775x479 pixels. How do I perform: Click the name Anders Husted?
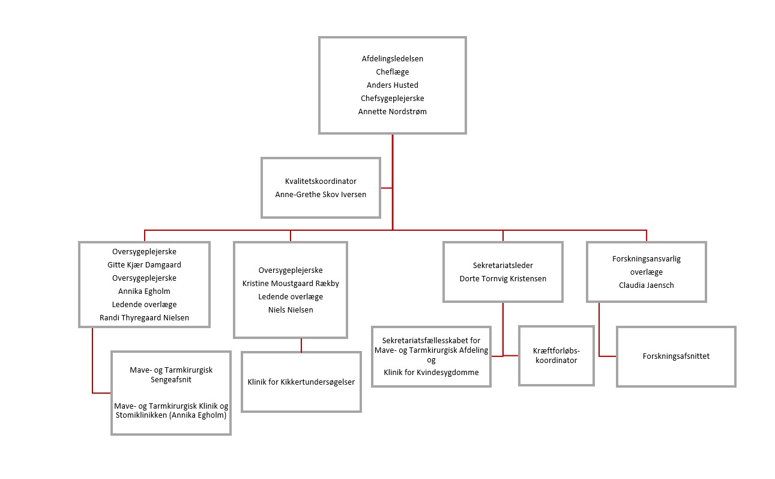pyautogui.click(x=392, y=85)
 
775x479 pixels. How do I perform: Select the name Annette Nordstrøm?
pyautogui.click(x=392, y=112)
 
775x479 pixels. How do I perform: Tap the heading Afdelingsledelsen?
pyautogui.click(x=392, y=59)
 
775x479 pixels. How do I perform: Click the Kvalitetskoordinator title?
pyautogui.click(x=321, y=181)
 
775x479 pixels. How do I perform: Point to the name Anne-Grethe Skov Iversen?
pyautogui.click(x=321, y=194)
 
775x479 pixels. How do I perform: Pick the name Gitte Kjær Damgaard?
pyautogui.click(x=144, y=264)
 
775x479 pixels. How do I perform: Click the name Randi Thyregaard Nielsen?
pyautogui.click(x=144, y=317)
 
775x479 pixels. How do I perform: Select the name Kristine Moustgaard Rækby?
pyautogui.click(x=291, y=284)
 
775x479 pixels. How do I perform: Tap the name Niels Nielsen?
pyautogui.click(x=291, y=310)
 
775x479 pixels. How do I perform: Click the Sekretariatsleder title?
pyautogui.click(x=502, y=265)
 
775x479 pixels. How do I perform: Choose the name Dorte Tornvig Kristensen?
pyautogui.click(x=502, y=278)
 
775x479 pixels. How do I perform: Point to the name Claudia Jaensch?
pyautogui.click(x=646, y=285)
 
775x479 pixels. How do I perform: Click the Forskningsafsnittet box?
pyautogui.click(x=675, y=356)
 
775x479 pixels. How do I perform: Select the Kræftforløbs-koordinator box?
pyautogui.click(x=556, y=356)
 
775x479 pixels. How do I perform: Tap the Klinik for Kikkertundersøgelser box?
pyautogui.click(x=301, y=382)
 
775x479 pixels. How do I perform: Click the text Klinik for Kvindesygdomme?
pyautogui.click(x=431, y=373)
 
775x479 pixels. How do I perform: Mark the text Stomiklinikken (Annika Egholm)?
pyautogui.click(x=171, y=415)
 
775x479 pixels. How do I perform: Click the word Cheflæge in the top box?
pyautogui.click(x=392, y=72)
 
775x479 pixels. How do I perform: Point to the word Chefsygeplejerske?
pyautogui.click(x=392, y=99)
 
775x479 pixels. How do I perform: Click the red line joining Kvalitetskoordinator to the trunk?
pyautogui.click(x=387, y=188)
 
